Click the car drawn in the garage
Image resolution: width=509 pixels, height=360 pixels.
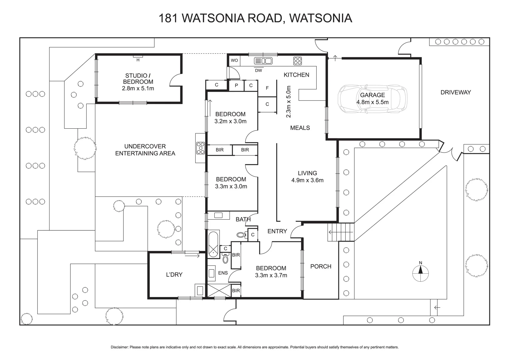click(372, 99)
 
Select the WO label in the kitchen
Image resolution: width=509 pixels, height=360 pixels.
click(234, 60)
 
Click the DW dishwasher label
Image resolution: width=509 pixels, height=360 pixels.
click(258, 70)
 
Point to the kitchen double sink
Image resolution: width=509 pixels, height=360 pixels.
click(263, 61)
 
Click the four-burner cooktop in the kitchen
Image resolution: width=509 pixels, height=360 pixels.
click(298, 61)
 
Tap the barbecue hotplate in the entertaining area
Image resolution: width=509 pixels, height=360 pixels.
click(201, 148)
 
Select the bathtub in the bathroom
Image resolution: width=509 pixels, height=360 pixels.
click(213, 244)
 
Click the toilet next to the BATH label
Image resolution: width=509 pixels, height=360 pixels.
click(241, 235)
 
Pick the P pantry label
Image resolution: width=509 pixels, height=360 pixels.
click(236, 85)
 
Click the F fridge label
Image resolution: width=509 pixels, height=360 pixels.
click(267, 88)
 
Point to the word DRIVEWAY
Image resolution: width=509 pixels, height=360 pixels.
click(455, 92)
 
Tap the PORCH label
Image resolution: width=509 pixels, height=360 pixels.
click(321, 266)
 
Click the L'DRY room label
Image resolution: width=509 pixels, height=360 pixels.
click(174, 275)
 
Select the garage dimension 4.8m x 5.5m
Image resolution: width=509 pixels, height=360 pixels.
click(372, 102)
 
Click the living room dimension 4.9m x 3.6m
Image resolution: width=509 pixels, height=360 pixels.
click(307, 180)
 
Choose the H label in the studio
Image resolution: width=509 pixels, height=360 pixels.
click(138, 60)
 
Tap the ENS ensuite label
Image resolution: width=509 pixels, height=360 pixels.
click(223, 273)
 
